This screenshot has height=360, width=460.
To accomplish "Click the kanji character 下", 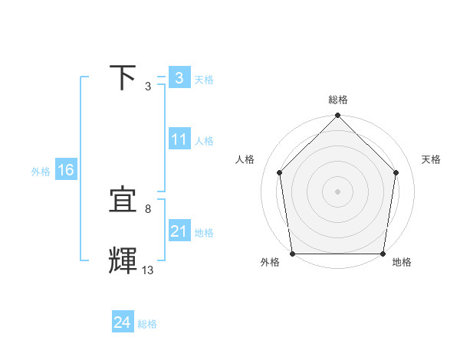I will coord(124,77).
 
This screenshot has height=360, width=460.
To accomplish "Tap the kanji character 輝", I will coord(124,261).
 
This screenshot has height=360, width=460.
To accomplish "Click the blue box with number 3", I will coord(179,77).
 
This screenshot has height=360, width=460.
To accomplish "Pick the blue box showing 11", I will coord(179,139).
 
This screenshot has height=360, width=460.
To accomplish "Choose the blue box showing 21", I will coord(179,231).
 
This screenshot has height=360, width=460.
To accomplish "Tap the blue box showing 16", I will coord(66,170).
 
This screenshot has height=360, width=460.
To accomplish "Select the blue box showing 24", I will coord(123,322).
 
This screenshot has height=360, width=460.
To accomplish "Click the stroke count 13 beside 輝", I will coord(148,270).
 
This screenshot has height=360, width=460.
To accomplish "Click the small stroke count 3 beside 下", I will coord(148,86).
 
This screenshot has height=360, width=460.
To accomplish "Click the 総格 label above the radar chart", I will coord(338,100).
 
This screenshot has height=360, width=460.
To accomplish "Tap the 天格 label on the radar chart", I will coord(431,159).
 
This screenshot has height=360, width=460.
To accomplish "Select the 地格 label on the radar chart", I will coord(402,262).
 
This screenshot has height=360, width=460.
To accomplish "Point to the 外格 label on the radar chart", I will coord(271,262).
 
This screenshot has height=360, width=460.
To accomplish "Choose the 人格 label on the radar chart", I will coord(245,159).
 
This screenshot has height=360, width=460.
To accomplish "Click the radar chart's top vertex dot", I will coord(338,116).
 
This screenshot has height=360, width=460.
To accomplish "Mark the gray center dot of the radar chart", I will coord(338,191).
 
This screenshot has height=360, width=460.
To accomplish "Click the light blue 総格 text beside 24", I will coord(147,324).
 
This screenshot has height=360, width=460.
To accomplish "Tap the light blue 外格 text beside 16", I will coord(41,172).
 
